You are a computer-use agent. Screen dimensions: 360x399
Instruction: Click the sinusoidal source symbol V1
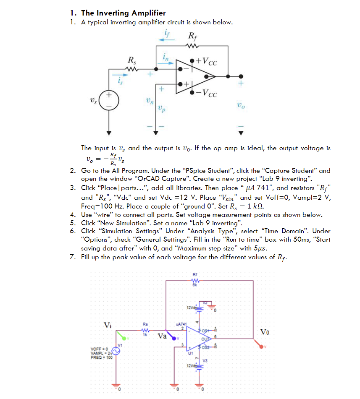point(115,352)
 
